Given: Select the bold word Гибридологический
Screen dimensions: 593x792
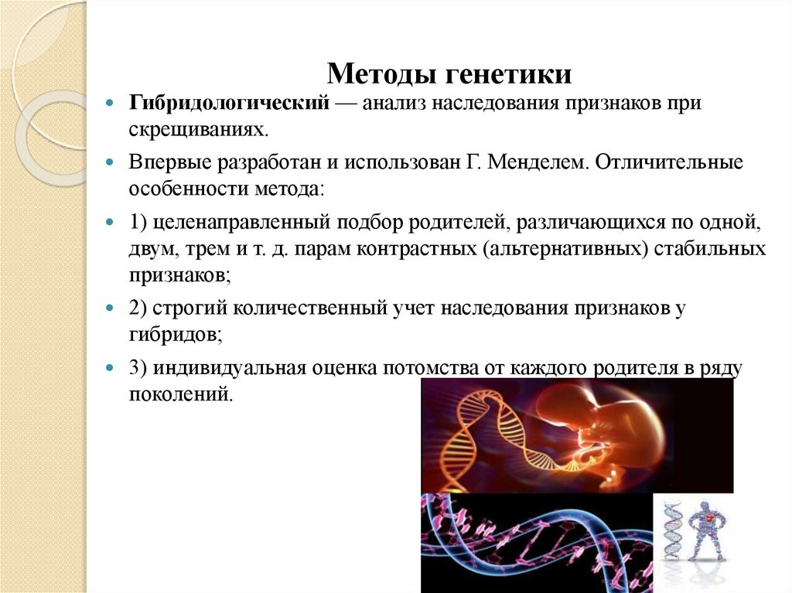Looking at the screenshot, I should coord(230,103).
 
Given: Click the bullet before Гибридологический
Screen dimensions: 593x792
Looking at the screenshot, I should coord(111,104).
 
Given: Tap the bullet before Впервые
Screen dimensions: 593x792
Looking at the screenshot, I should coord(111,164).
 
